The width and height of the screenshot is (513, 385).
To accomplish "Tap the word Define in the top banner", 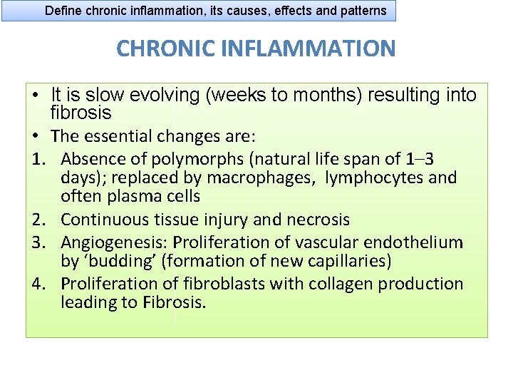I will pyautogui.click(x=63, y=11).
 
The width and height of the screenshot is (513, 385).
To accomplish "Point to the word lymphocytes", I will pyautogui.click(x=368, y=177).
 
